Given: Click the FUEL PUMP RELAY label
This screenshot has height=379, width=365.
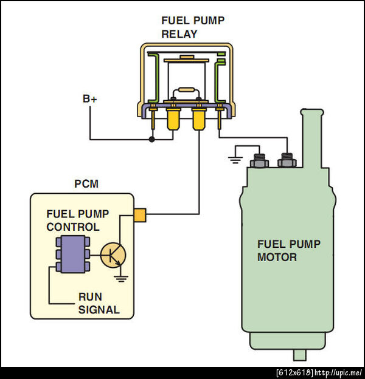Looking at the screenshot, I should tap(192, 27).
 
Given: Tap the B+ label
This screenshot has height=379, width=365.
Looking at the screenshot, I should tap(89, 99).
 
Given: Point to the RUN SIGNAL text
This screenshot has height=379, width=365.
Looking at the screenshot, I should tap(98, 304).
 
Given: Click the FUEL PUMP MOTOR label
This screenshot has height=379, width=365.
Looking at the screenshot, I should tap(288, 251).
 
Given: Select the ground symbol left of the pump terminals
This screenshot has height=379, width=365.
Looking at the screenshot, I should tap(234, 160).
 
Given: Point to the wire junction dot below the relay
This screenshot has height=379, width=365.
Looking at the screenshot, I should tap(152, 139).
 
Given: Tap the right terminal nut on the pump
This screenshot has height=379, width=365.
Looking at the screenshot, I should tap(287, 160).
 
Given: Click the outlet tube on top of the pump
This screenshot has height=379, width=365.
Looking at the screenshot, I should tap(312, 137).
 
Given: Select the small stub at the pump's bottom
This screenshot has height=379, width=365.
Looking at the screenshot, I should tap(299, 355).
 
